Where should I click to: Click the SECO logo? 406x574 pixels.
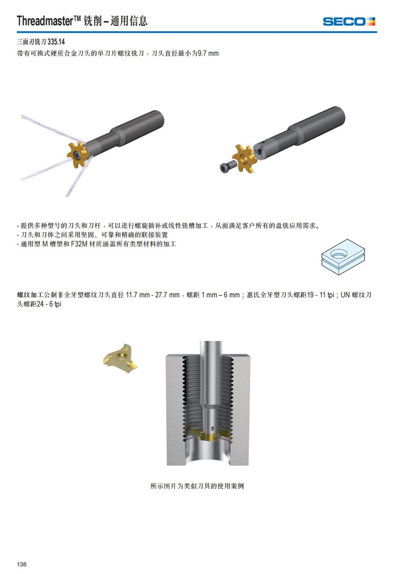click(349, 22)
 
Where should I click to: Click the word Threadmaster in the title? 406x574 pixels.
click(45, 21)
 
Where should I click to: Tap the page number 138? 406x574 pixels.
click(22, 564)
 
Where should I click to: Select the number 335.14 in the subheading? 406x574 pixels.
click(56, 42)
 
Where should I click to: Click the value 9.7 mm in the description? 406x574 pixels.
click(208, 53)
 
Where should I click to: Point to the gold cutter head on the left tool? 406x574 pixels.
click(78, 155)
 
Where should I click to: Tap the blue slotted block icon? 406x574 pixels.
click(343, 257)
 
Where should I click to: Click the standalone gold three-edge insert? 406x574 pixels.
click(121, 358)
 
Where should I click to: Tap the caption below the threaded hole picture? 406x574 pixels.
click(197, 486)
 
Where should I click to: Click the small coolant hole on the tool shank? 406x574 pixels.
click(212, 428)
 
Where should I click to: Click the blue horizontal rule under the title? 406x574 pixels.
click(197, 32)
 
